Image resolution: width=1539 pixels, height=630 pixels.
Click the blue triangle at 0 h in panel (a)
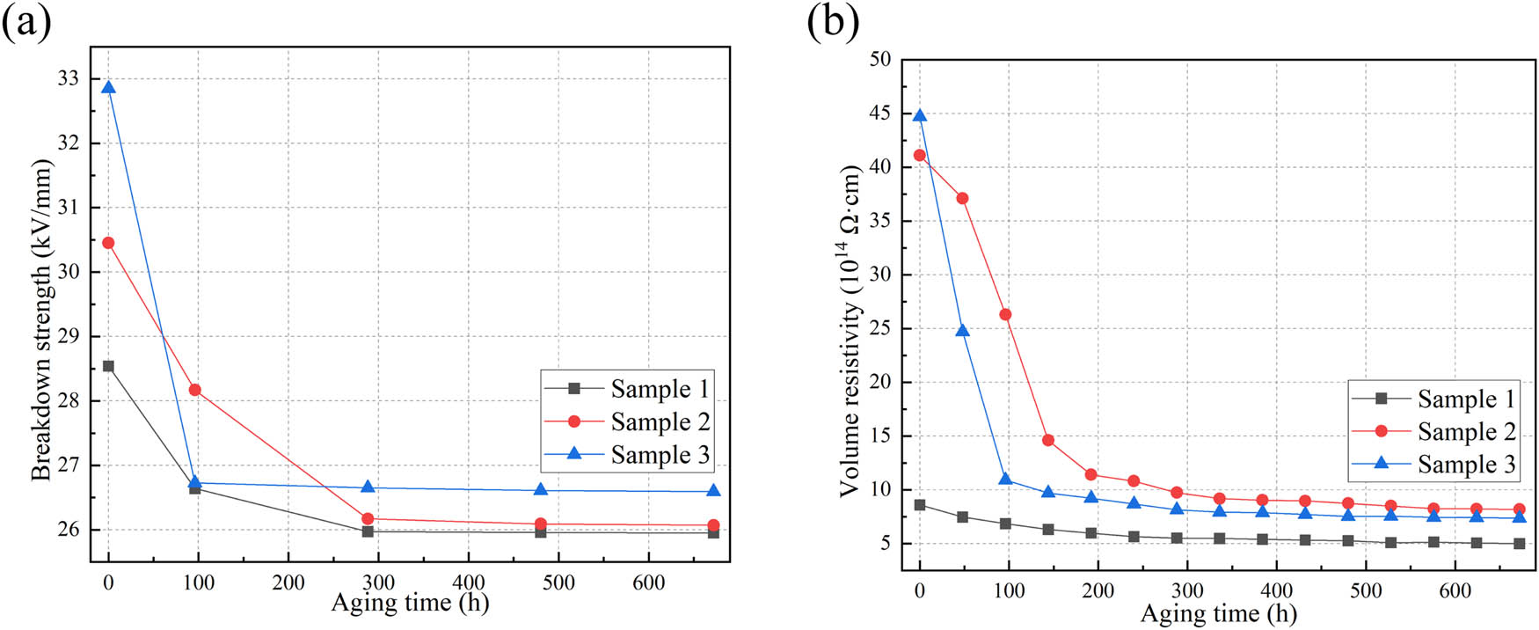point(108,87)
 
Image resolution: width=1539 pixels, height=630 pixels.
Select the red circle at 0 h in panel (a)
point(108,243)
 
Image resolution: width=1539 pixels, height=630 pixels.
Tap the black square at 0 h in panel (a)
point(108,366)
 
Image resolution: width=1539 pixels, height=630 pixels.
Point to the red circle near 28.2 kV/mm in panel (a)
point(194,390)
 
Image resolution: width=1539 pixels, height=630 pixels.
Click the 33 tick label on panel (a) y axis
point(68,78)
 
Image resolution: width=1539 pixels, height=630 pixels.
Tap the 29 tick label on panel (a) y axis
point(68,336)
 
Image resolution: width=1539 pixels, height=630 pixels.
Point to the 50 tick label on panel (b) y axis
point(879,59)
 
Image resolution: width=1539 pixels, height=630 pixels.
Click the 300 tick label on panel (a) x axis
point(378,582)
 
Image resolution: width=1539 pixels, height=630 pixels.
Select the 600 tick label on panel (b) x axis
point(1455,591)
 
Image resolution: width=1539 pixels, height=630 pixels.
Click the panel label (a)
point(26,20)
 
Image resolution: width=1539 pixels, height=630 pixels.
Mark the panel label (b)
point(833,20)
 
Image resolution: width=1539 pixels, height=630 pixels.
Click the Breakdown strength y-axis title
point(41,319)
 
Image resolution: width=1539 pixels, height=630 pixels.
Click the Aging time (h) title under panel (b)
point(1218,613)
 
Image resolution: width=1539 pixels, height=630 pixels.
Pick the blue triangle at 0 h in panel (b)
point(920,116)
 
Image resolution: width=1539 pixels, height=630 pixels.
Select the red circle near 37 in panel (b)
point(962,198)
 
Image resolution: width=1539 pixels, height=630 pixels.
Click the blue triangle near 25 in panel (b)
point(962,331)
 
